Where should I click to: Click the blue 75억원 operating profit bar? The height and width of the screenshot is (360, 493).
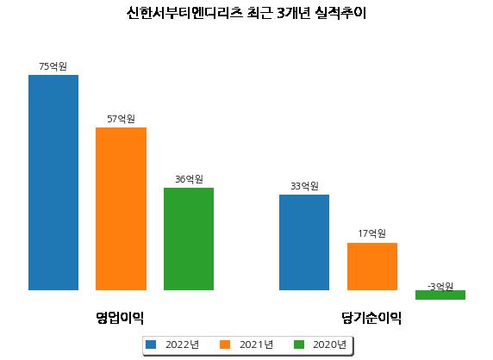tap(53, 183)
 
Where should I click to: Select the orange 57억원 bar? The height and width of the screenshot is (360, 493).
tap(121, 209)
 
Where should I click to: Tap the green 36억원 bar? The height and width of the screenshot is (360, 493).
tap(189, 239)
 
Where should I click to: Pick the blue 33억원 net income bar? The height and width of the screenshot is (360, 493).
tap(304, 243)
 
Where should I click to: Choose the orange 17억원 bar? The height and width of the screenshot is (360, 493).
tap(372, 266)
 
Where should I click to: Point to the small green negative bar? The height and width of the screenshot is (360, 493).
tap(440, 295)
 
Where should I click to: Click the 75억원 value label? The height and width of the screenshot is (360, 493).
tap(53, 66)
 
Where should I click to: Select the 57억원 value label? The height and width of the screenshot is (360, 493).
tap(121, 119)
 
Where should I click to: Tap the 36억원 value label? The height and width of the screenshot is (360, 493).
tap(189, 179)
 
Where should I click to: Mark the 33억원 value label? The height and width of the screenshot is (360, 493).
tap(304, 186)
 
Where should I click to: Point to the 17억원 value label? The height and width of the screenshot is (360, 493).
tap(372, 233)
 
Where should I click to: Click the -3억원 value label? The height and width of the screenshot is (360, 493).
tap(440, 287)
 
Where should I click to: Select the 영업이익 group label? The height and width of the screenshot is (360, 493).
tap(120, 318)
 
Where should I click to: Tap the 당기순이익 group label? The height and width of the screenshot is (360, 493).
tap(371, 318)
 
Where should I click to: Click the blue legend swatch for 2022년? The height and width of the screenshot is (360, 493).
tap(151, 344)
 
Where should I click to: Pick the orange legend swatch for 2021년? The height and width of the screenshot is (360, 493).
tap(225, 344)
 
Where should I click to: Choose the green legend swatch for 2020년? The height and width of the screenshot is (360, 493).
tap(299, 344)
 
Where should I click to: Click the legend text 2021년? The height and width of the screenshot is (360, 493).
tap(256, 344)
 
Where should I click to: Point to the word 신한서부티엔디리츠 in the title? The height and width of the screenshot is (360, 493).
tap(184, 13)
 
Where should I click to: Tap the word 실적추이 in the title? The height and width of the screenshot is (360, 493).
tap(341, 13)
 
